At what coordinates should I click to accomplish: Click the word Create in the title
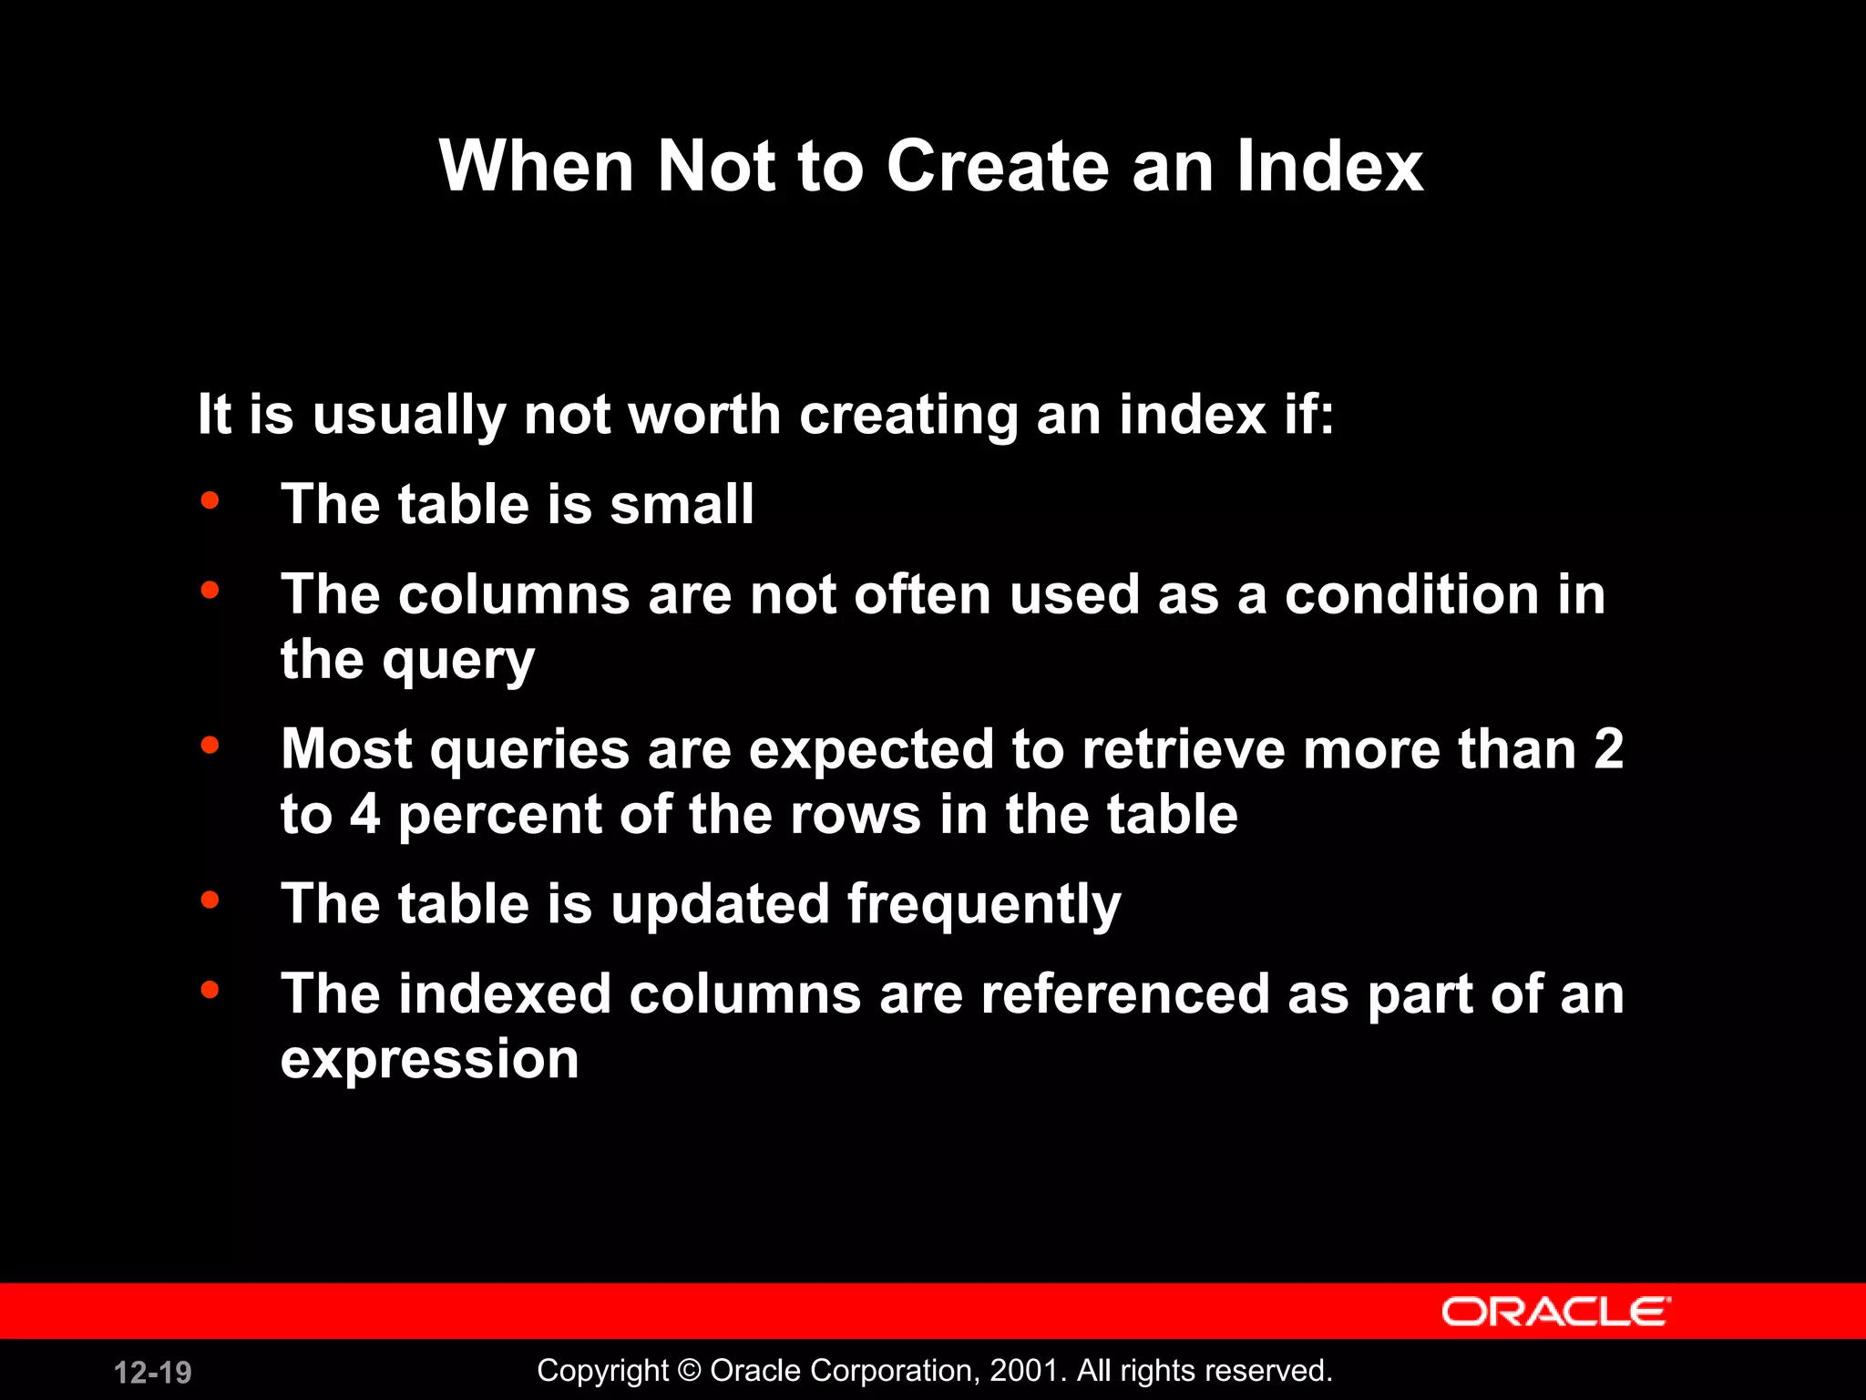[x=999, y=167]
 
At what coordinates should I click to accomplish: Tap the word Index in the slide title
[x=1329, y=167]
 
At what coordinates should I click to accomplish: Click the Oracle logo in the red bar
[x=1555, y=1312]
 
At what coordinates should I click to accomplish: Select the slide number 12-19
[x=152, y=1372]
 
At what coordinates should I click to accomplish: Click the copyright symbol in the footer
[x=690, y=1371]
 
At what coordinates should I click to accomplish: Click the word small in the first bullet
[x=682, y=504]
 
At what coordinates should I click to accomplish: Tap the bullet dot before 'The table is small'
[x=210, y=500]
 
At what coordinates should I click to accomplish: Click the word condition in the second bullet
[x=1411, y=595]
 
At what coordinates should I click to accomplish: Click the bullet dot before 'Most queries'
[x=210, y=745]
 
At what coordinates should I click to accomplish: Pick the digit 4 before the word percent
[x=364, y=814]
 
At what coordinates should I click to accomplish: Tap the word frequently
[x=984, y=906]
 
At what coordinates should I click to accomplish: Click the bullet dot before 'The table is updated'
[x=210, y=900]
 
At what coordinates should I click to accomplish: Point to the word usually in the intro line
[x=409, y=416]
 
